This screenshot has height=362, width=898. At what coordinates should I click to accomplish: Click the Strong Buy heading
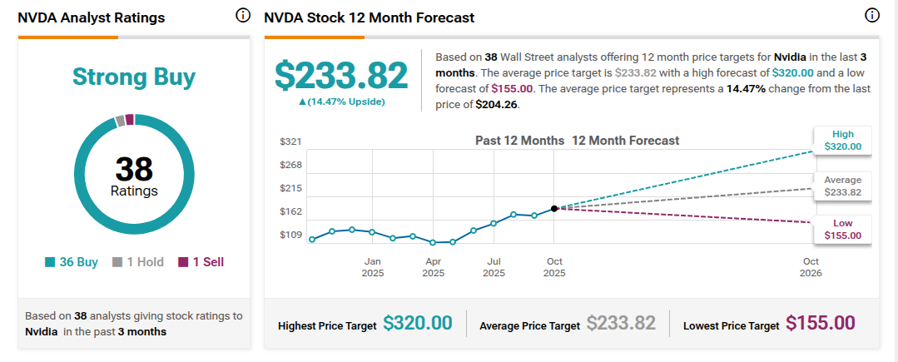coord(134,77)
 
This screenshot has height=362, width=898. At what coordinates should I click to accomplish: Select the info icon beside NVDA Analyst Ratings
coord(243,16)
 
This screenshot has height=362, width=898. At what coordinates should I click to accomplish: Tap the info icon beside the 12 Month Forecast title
coord(872,16)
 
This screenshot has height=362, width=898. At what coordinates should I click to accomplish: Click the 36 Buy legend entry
coord(72,262)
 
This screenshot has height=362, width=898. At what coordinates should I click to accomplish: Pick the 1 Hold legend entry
coord(138,262)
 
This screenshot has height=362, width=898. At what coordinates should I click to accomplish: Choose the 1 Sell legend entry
coord(201,262)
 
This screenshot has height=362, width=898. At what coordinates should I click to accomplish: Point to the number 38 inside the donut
coord(134,170)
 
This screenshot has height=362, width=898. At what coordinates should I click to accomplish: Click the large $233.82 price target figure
coord(341,76)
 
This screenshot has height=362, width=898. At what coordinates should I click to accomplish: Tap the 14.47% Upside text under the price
coord(341,102)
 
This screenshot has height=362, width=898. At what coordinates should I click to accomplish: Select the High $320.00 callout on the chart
coord(842,141)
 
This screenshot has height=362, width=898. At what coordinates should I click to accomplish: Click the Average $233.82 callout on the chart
coord(842,186)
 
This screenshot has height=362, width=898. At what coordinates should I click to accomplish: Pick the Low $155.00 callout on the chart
coord(842,229)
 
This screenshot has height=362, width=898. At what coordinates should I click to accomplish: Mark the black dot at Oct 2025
coord(553,209)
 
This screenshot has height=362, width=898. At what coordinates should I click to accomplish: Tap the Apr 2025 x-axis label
coord(434,267)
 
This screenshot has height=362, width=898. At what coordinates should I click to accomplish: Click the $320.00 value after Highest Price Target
coord(418,323)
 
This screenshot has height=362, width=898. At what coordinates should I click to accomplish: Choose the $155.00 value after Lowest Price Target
coord(820,323)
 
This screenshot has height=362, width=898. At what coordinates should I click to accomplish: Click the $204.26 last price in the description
coord(497,106)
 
